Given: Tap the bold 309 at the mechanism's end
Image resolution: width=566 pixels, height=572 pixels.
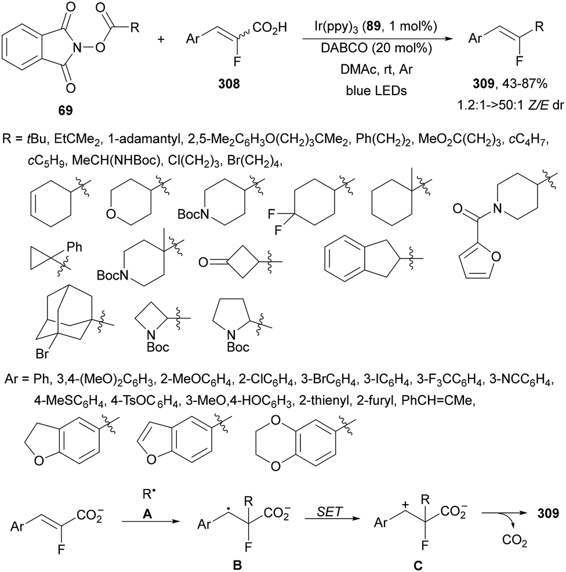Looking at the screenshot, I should pyautogui.click(x=548, y=514).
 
